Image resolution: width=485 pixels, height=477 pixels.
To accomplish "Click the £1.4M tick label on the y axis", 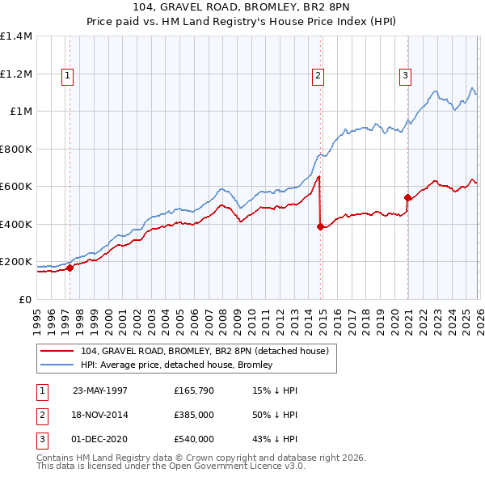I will coord(16,36).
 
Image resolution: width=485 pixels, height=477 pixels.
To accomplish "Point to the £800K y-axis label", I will coord(16,149).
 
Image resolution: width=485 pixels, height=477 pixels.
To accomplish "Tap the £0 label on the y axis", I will coord(24,299).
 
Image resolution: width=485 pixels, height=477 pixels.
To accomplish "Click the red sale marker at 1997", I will coord(70,268).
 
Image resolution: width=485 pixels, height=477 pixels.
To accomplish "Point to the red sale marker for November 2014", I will coord(320,227).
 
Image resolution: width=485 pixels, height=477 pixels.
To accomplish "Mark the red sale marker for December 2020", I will coord(407,197).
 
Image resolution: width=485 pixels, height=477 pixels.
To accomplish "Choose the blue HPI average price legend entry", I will coord(176,365).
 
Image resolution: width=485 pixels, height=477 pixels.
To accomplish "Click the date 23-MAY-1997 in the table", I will coord(100,390).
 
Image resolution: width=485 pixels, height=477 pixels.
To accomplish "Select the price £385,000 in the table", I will coord(193,415).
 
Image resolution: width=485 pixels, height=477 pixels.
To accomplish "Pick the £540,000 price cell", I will coord(193,439).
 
